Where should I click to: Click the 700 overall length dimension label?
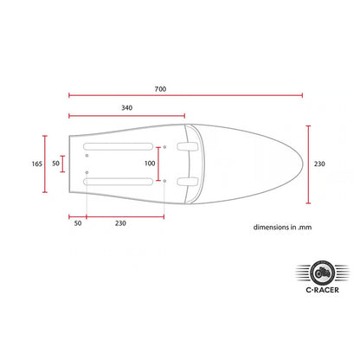point(160,89)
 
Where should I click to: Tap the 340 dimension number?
point(126,108)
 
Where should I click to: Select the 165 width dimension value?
point(36,164)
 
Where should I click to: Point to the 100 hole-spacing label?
point(150,164)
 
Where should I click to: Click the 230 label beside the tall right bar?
point(319,164)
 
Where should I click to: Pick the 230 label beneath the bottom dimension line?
point(120,223)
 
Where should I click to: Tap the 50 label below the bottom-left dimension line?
point(78,223)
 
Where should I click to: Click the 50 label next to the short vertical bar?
point(55,164)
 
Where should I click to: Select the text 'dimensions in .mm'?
point(282,228)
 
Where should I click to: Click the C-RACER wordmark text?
point(322,290)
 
